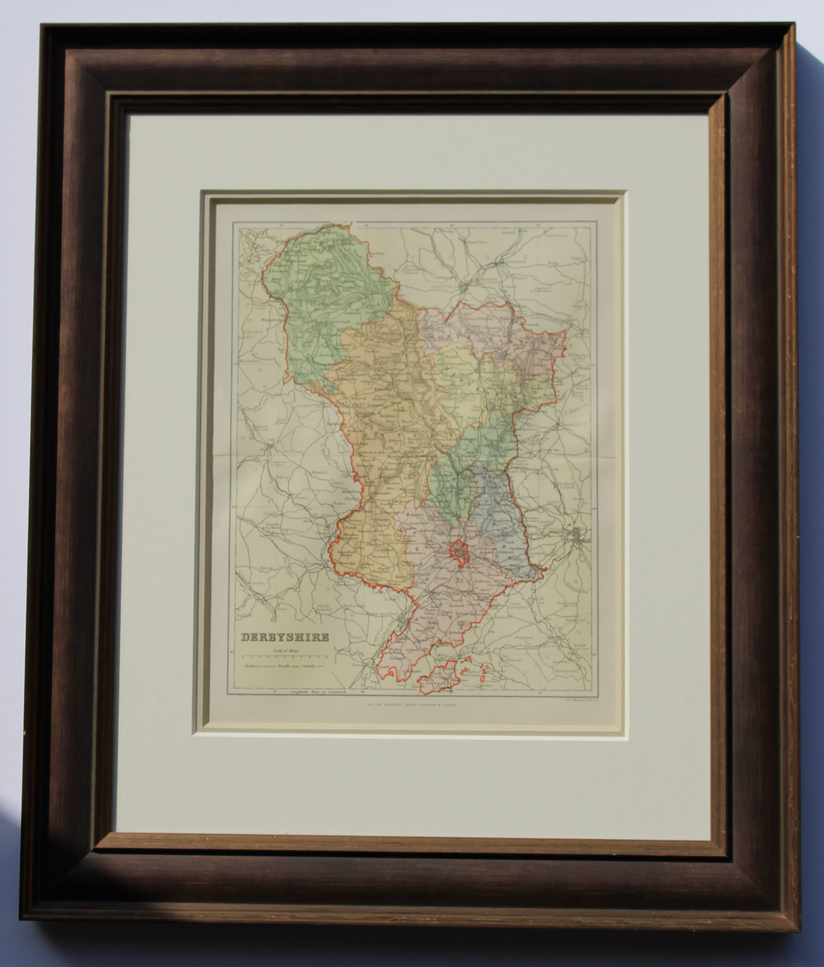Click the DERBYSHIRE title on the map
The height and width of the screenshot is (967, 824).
pyautogui.click(x=285, y=637)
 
